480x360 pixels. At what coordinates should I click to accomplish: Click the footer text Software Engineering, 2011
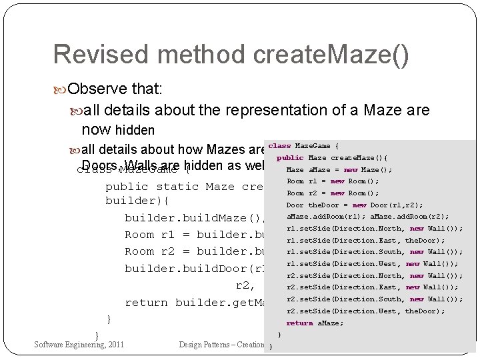coord(79,345)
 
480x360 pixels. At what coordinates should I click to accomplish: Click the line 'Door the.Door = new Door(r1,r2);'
coord(355,205)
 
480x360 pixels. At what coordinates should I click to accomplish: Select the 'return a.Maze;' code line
coord(315,323)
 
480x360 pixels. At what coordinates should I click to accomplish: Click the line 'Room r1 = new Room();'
coord(333,181)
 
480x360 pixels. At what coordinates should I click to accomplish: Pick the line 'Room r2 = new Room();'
coord(333,193)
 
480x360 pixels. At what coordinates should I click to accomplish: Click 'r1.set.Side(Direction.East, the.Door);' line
coord(365,241)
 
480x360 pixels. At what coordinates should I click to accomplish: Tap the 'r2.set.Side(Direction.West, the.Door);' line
coord(365,311)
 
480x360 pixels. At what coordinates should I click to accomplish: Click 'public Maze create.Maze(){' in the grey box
coord(332,158)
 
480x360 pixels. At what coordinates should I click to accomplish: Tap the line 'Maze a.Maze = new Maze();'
coord(339,170)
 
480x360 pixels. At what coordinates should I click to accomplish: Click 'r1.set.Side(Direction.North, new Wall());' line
coord(374,229)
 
